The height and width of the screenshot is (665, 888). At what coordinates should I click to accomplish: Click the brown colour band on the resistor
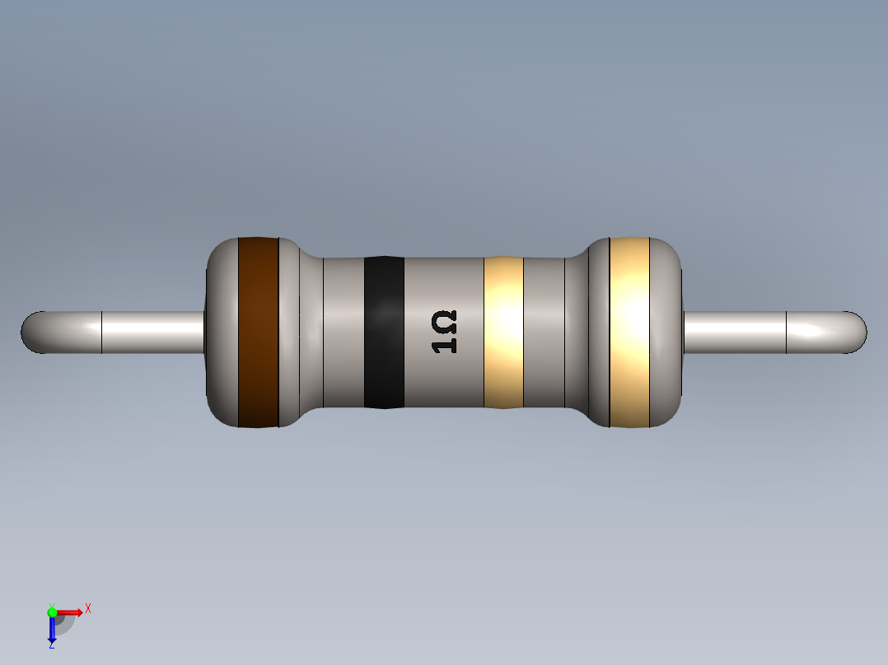coord(258,332)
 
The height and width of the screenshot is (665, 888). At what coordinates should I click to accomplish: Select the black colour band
coord(384,332)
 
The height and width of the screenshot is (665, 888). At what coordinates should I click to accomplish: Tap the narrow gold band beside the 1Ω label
coord(503,332)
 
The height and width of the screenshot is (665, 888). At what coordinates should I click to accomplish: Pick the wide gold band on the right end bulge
coord(629,332)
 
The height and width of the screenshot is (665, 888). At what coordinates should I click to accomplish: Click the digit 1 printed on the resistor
coord(445,345)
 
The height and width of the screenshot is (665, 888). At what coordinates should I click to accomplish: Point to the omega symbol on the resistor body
coord(445,319)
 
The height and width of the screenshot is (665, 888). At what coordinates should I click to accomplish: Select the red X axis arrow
coord(71,612)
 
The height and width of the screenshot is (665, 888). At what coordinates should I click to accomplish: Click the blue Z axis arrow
coord(51,630)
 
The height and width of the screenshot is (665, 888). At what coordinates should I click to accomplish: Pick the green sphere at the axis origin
coord(52,612)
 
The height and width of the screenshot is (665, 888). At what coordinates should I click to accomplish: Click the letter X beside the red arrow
coord(88,608)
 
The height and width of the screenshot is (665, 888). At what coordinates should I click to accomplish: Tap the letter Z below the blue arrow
coord(51,645)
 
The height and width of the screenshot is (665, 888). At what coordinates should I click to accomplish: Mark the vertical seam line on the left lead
coord(101,332)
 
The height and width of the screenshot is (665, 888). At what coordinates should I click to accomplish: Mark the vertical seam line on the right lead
coord(787,332)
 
